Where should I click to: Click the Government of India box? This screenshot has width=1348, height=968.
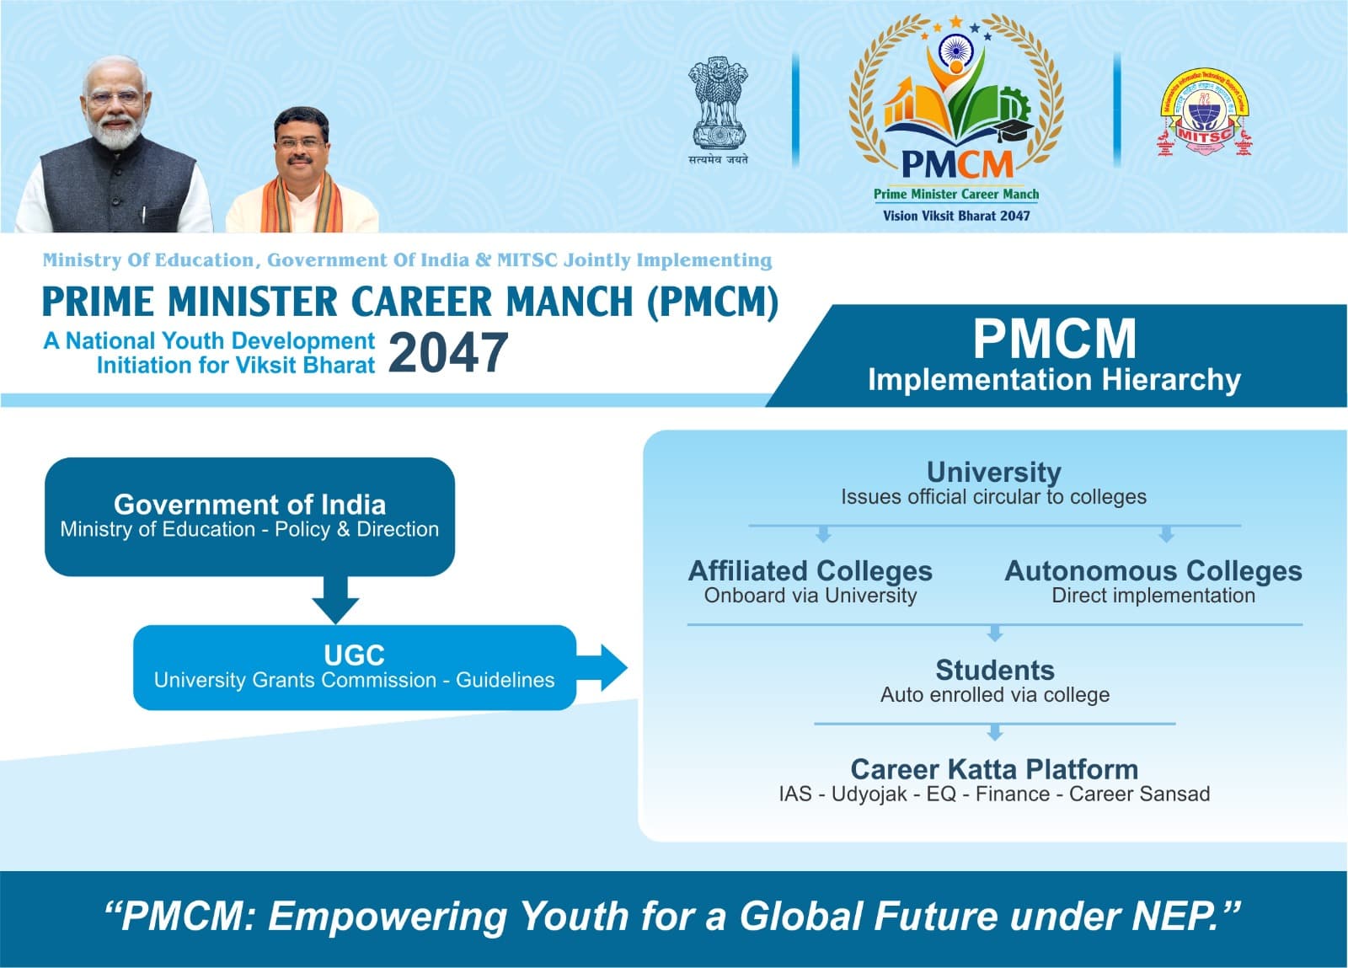249,516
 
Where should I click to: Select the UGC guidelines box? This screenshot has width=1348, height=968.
355,667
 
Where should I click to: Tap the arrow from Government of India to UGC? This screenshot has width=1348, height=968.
335,600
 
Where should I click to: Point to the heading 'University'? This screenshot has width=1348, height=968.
993,473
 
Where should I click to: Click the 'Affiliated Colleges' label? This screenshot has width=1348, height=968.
810,571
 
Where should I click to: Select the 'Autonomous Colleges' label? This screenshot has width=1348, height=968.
1153,571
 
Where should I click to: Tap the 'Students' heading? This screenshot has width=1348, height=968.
995,671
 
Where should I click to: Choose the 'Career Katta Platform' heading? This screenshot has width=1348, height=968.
994,769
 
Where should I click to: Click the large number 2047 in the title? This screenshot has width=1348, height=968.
448,353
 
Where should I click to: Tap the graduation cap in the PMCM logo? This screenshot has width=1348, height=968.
1014,129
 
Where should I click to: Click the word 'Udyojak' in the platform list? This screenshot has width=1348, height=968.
869,794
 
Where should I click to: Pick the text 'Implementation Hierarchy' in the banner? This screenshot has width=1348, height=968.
1054,380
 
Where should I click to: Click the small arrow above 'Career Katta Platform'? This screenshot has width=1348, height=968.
995,732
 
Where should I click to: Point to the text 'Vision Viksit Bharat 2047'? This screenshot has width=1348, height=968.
956,216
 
